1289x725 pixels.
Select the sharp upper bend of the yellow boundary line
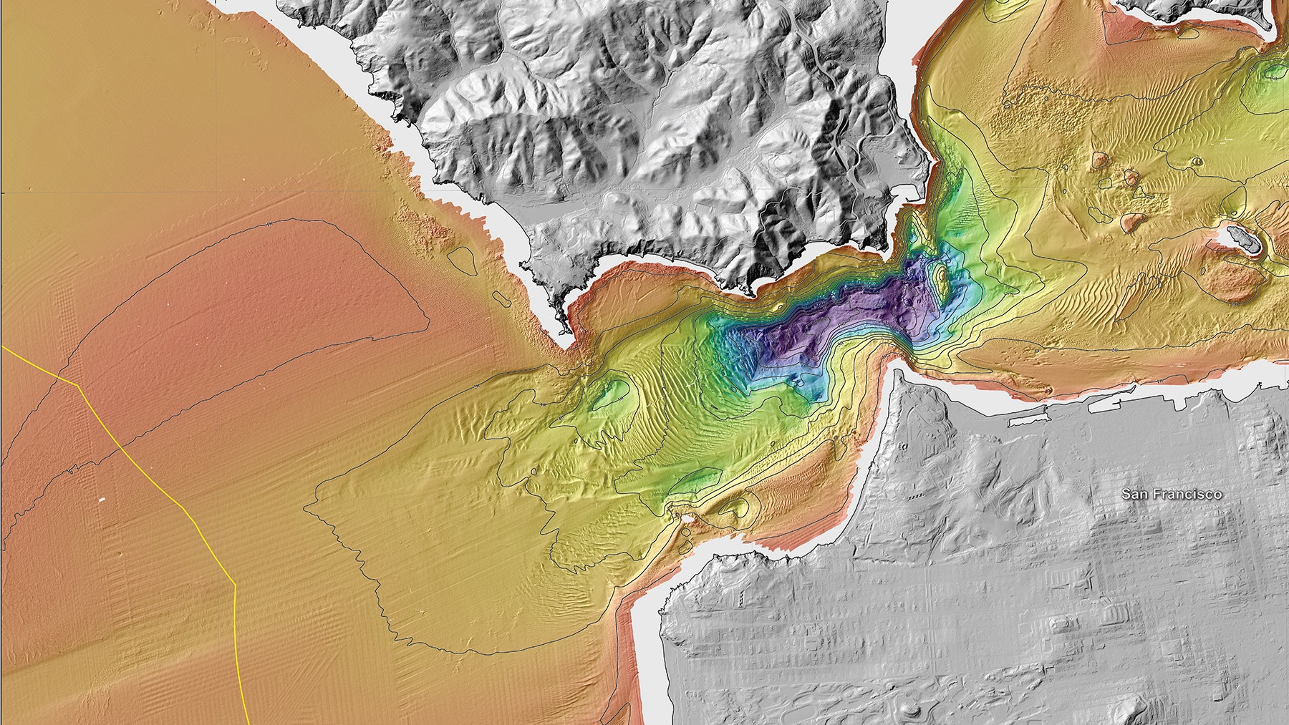pos(77,384)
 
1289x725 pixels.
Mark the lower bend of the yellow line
pos(235,585)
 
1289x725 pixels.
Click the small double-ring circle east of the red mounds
pos(1197,162)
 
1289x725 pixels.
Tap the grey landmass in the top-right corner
pos(1203,9)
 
